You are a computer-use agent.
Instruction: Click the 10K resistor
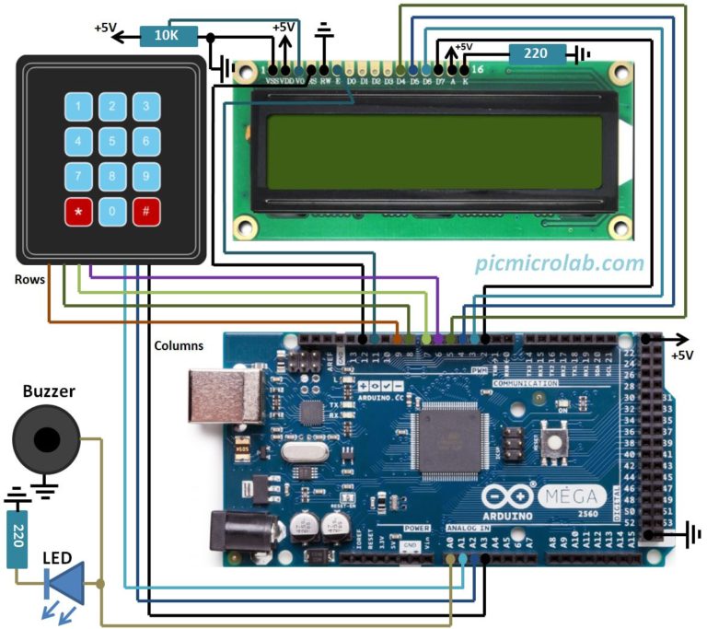coord(167,36)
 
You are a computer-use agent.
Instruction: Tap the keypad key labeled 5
coord(111,142)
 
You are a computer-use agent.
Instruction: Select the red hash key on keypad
coord(145,212)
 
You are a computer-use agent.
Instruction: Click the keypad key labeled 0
coord(111,212)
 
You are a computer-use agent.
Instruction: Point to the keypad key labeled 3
coord(145,107)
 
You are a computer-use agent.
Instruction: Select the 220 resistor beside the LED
coord(16,539)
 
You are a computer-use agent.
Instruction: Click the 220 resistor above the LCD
coord(536,53)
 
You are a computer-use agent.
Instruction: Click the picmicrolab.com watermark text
coord(559,263)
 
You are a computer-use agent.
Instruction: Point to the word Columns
coord(179,345)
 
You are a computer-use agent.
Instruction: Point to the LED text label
coord(59,558)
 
